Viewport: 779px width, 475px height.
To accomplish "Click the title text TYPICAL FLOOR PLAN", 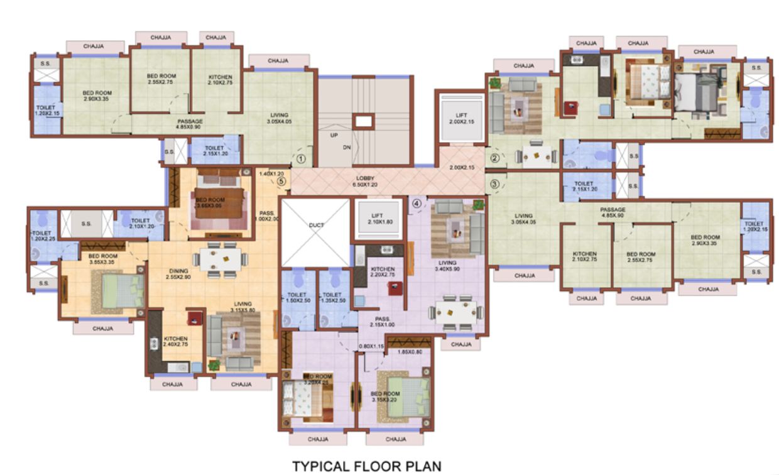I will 367,466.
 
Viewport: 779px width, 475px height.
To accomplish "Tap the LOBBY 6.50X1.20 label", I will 365,182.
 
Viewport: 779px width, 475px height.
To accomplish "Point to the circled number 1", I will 301,159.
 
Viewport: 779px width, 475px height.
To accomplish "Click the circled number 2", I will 495,158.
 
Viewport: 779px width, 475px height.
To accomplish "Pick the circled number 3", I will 495,184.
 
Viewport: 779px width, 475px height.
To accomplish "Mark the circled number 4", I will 416,203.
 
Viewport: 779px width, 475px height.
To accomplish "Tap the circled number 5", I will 281,181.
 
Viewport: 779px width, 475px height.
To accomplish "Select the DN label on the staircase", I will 346,147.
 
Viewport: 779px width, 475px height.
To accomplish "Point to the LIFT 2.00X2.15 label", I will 461,117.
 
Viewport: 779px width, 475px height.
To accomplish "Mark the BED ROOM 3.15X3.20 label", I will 386,396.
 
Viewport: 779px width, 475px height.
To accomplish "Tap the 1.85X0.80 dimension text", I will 409,352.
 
